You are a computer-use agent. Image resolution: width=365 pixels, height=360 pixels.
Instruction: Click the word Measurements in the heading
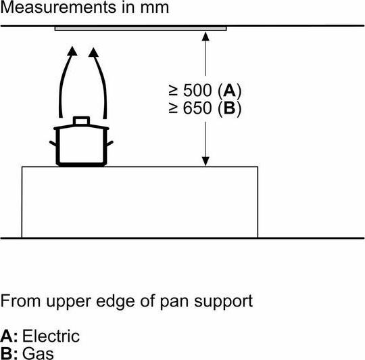pos(58,7)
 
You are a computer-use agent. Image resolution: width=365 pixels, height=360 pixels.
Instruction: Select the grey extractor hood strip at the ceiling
pos(141,28)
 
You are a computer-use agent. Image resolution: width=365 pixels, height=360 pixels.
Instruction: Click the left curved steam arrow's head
pos(72,51)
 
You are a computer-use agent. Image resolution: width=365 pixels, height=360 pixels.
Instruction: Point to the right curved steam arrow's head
pos(93,52)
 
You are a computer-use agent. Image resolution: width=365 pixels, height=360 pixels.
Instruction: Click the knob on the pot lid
pos(81,120)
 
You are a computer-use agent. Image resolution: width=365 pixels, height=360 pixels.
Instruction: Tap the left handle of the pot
pos(53,143)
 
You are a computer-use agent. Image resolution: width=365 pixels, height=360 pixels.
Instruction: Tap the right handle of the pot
pos(110,143)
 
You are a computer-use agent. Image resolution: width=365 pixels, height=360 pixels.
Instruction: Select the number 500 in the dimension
pos(197,91)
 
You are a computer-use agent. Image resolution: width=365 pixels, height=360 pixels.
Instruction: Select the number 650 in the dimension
pos(197,108)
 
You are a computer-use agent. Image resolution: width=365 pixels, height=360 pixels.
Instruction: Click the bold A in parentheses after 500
pos(229,91)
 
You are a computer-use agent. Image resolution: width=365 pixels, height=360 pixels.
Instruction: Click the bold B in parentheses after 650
pos(230,108)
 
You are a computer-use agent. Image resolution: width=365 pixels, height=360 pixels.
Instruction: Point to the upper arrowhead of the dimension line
pos(205,37)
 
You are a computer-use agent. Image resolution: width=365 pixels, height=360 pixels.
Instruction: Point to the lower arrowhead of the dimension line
pos(205,162)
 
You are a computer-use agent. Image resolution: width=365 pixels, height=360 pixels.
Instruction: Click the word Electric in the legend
pos(51,336)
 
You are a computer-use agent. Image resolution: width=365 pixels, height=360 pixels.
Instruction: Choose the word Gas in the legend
pos(38,353)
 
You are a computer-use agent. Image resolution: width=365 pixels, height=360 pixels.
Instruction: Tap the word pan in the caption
pos(174,302)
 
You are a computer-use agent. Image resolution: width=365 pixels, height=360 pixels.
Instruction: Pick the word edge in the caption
pos(115,302)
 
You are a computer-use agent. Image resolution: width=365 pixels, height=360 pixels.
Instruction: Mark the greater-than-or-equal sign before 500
pos(174,91)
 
